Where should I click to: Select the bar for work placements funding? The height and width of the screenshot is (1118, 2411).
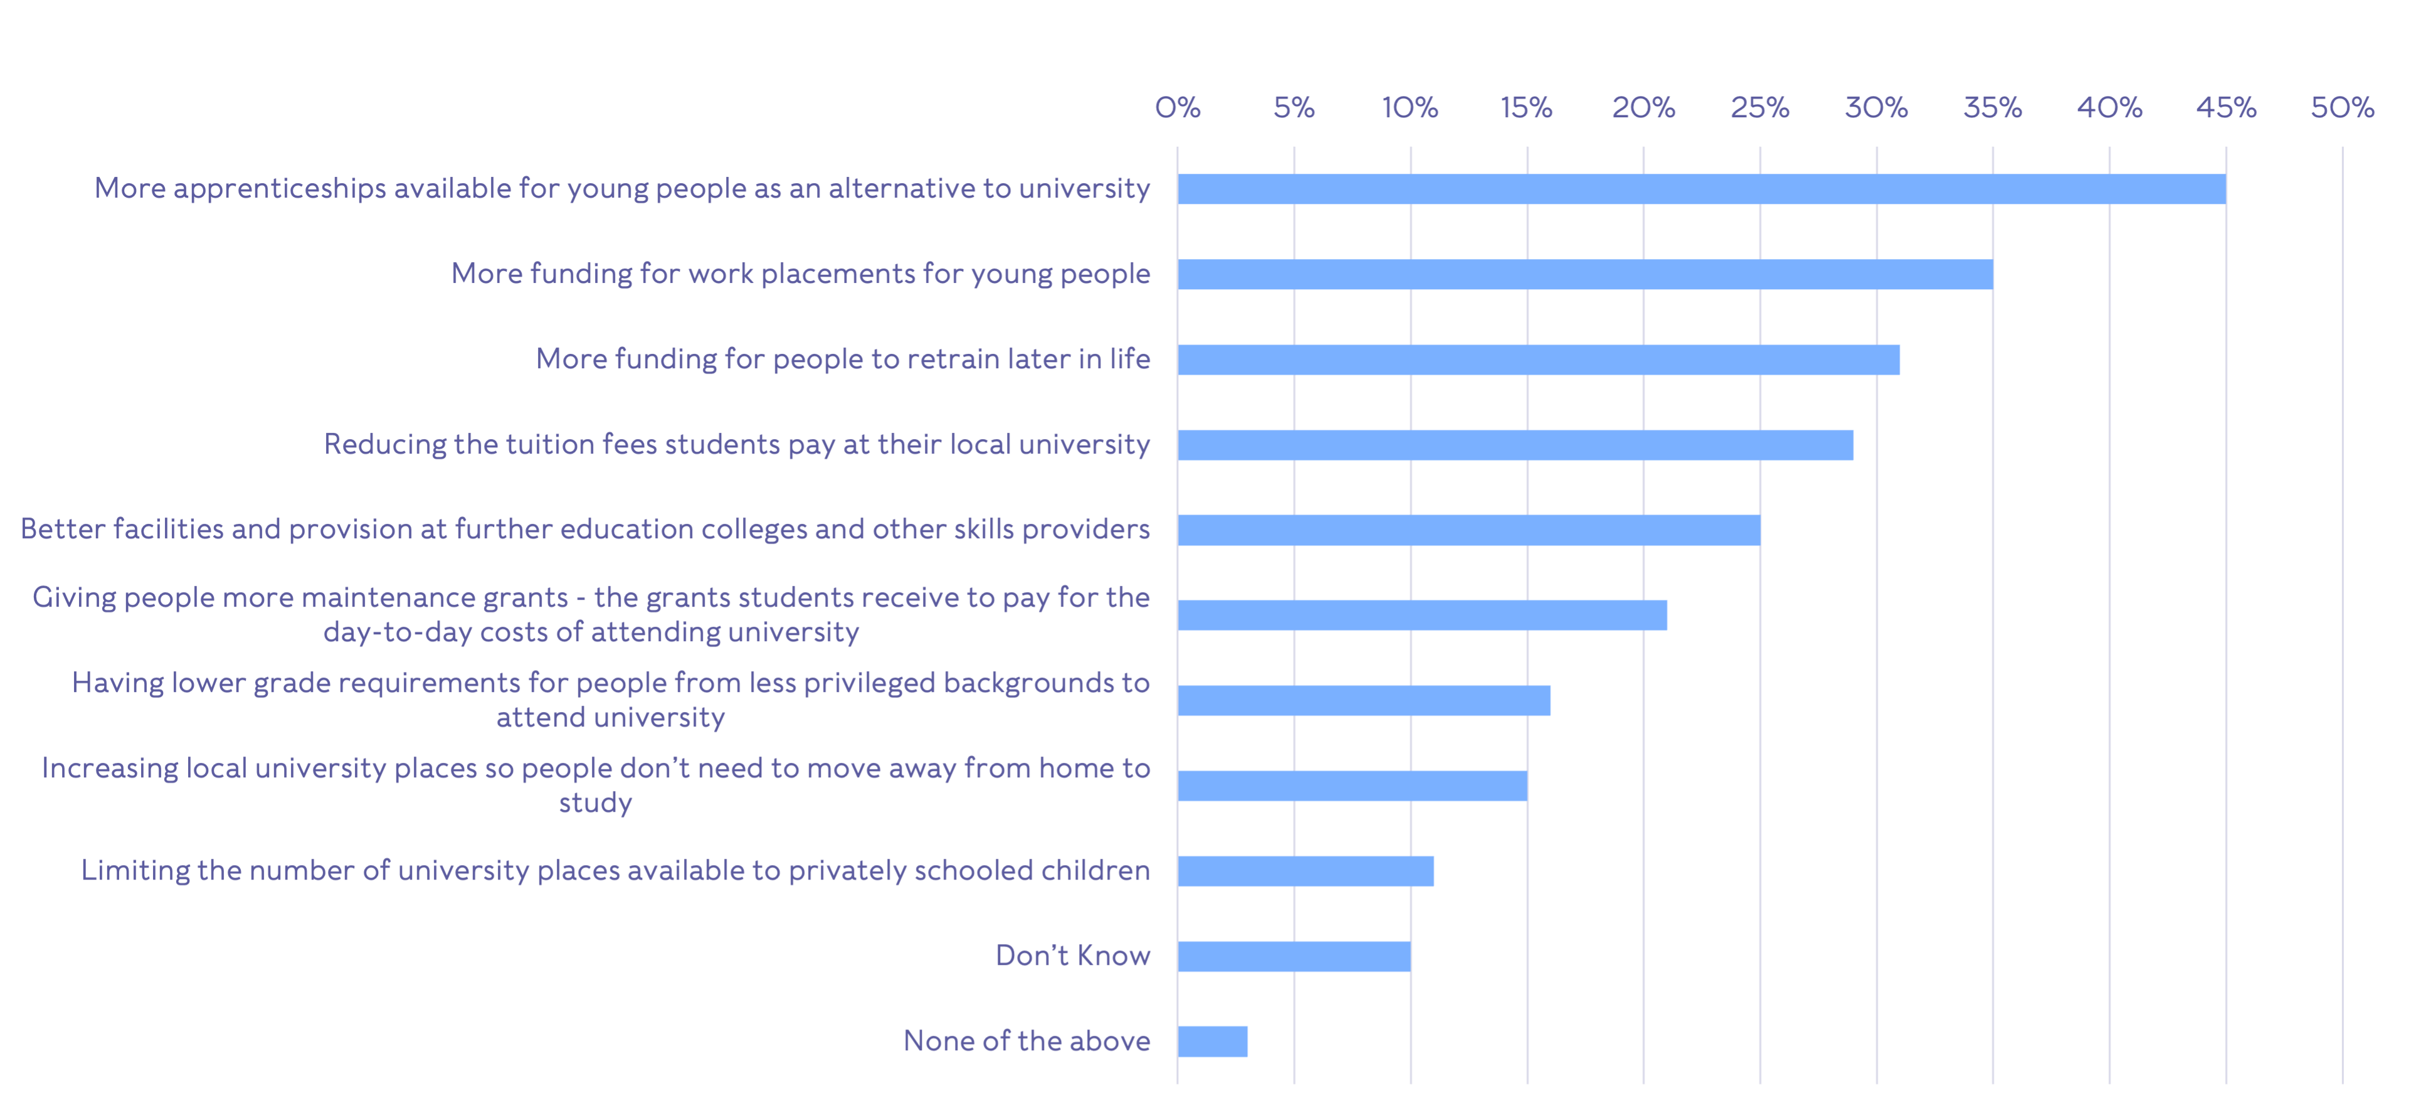point(1585,274)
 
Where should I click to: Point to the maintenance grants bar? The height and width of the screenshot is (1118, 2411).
point(1422,615)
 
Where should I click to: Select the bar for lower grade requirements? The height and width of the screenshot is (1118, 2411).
point(1364,700)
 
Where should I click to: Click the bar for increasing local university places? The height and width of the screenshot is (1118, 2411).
point(1351,785)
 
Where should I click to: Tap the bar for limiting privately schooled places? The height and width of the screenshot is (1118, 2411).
point(1306,871)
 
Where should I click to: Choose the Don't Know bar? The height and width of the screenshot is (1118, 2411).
point(1294,956)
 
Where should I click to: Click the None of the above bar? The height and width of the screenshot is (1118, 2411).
point(1212,1041)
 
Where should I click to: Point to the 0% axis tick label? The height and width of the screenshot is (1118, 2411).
point(1178,108)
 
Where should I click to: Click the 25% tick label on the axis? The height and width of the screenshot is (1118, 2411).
point(1759,108)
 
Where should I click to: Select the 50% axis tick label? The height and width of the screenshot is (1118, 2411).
point(2342,108)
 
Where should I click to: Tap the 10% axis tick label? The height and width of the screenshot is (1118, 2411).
point(1410,108)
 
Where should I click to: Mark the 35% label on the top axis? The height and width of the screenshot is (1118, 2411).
point(1993,108)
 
